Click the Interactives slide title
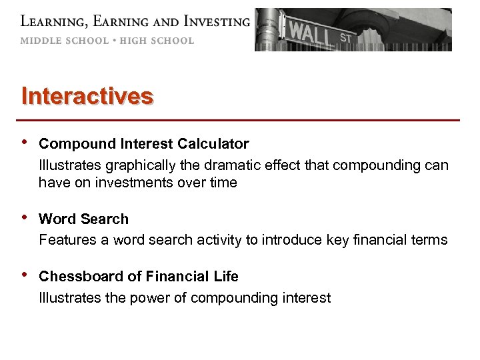87,96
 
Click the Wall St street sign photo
353,30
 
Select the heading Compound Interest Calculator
144,144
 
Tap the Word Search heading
84,219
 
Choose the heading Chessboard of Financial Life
139,277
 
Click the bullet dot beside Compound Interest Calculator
25,143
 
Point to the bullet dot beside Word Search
25,218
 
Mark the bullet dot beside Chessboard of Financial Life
25,275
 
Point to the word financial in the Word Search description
389,240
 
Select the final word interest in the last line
307,298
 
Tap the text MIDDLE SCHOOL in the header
64,41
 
